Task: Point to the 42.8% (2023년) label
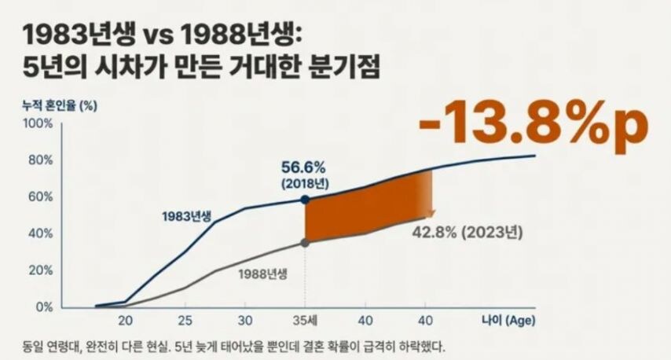[x=467, y=233]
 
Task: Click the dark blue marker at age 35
[x=305, y=200]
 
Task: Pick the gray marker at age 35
[x=305, y=243]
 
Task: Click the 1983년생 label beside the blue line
[x=187, y=215]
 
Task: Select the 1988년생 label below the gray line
[x=262, y=274]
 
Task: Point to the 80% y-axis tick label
[x=40, y=160]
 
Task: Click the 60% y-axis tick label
[x=40, y=197]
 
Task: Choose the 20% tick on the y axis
[x=40, y=270]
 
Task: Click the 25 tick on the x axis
[x=185, y=321]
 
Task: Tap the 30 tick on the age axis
[x=245, y=321]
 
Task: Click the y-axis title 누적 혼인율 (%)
[x=60, y=103]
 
